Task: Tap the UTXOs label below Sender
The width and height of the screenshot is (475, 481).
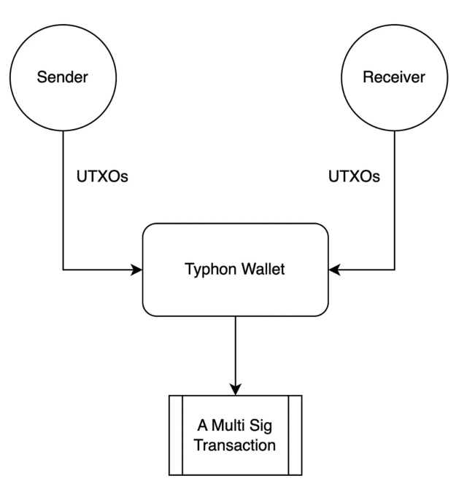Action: coord(102,177)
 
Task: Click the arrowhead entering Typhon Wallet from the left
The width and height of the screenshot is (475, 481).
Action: coord(137,270)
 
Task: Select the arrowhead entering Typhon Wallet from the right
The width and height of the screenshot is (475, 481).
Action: coord(334,270)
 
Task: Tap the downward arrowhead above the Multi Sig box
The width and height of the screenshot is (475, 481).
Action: coord(236,389)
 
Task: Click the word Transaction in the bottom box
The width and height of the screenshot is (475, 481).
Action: coord(236,443)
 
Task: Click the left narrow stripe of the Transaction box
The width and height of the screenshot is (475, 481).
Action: coord(176,435)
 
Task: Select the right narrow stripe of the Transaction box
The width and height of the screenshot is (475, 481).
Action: coord(296,435)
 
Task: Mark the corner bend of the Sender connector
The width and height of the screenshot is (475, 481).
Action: coord(63,270)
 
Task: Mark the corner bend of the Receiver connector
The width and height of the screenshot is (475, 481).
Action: coord(395,270)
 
